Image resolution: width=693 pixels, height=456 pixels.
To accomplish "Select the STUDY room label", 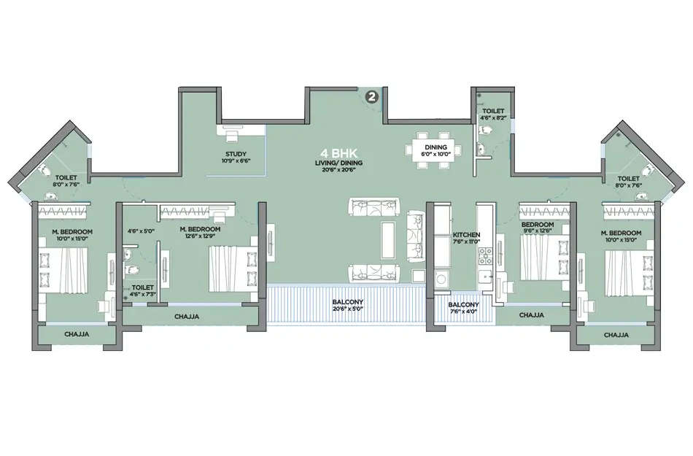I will pyautogui.click(x=236, y=153).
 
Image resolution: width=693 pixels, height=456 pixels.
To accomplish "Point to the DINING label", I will pyautogui.click(x=435, y=147).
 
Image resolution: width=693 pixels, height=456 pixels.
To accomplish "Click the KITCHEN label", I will pyautogui.click(x=465, y=234).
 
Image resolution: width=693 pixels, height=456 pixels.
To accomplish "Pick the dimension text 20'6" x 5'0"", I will pyautogui.click(x=347, y=310).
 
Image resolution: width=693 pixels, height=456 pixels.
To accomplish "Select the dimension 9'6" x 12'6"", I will pyautogui.click(x=538, y=232).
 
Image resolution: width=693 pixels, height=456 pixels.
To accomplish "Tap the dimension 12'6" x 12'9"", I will pyautogui.click(x=200, y=236).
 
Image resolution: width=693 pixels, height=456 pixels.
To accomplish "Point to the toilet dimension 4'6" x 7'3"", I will pyautogui.click(x=143, y=295).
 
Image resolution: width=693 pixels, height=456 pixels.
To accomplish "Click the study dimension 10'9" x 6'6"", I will pyautogui.click(x=236, y=161).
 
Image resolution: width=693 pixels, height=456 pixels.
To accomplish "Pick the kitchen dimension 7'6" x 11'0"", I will pyautogui.click(x=465, y=241).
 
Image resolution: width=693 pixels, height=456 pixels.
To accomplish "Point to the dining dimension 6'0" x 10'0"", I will pyautogui.click(x=435, y=154).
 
